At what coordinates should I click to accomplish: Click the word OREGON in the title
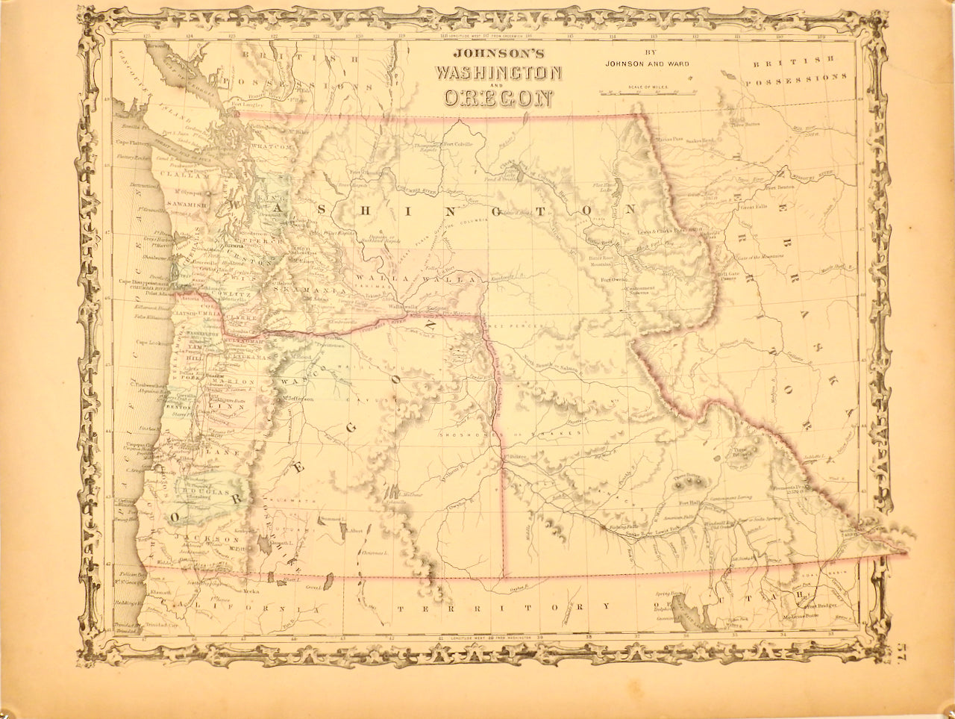pyautogui.click(x=499, y=98)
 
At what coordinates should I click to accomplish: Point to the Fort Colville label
pyautogui.click(x=458, y=145)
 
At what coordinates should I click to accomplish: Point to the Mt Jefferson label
pyautogui.click(x=298, y=399)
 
